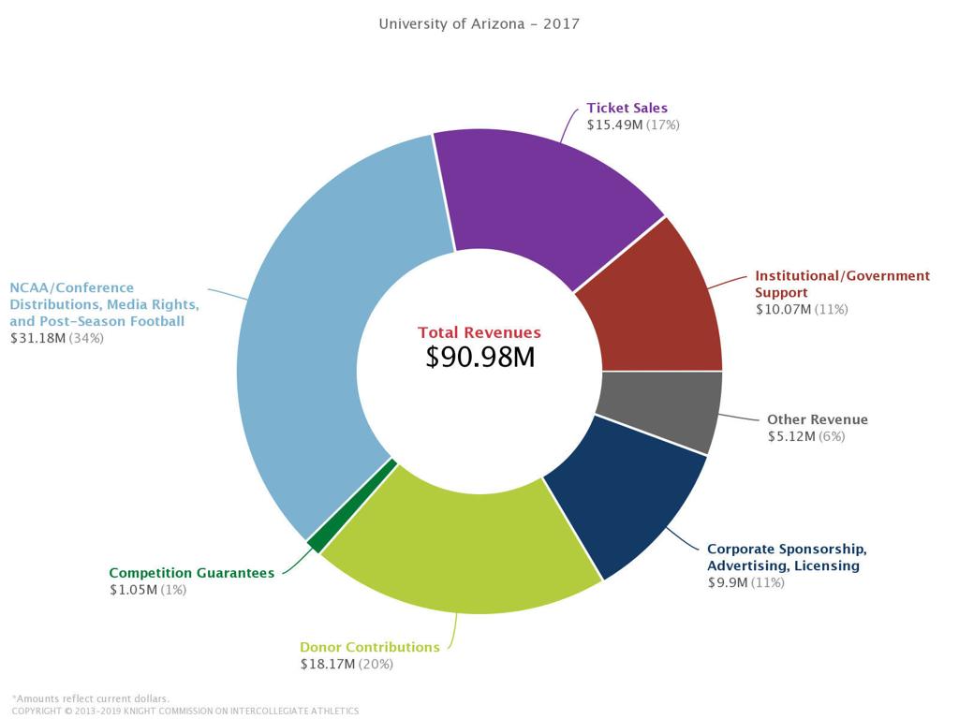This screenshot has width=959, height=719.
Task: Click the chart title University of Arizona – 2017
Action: (479, 23)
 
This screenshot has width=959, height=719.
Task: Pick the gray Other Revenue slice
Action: (660, 407)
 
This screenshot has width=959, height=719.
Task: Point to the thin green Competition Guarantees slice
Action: (315, 544)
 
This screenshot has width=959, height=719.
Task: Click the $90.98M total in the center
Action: (479, 357)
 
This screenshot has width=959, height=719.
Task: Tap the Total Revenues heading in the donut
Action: (479, 332)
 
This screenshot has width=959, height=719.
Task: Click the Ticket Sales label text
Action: (627, 108)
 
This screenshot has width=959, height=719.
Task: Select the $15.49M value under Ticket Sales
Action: (614, 125)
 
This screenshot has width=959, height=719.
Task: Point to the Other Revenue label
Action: (817, 419)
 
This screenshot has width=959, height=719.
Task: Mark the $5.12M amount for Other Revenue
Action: (791, 436)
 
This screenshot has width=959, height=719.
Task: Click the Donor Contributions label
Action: (369, 647)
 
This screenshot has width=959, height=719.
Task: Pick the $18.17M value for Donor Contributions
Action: (327, 664)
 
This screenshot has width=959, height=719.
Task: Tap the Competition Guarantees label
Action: (191, 573)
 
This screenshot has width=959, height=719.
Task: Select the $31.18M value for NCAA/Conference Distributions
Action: (37, 338)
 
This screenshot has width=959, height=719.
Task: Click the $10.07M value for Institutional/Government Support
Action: (783, 309)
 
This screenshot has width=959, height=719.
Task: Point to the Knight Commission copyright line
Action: (184, 711)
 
